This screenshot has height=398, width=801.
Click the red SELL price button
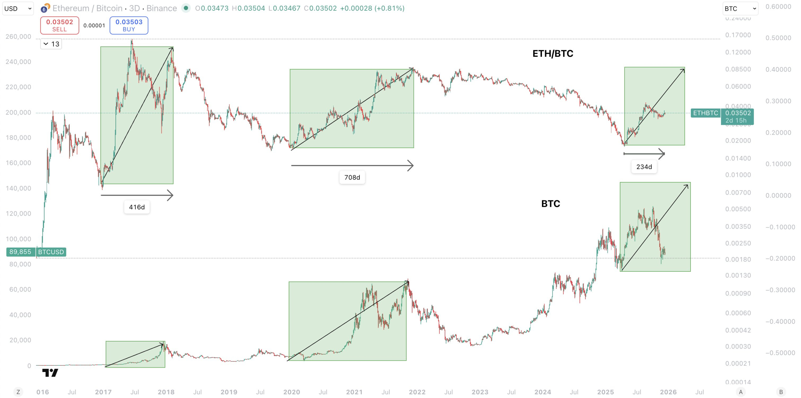click(59, 25)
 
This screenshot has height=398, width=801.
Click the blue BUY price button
click(129, 25)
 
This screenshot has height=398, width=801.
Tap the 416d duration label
click(137, 207)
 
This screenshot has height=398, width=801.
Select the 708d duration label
click(352, 177)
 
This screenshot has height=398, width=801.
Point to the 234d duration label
click(644, 167)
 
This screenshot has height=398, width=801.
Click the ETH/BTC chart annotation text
click(553, 54)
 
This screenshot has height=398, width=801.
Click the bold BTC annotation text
click(550, 204)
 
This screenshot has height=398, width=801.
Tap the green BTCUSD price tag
click(51, 252)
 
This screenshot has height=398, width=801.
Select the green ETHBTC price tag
click(705, 113)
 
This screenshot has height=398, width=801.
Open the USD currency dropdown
click(18, 8)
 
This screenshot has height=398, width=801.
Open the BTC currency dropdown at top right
click(740, 8)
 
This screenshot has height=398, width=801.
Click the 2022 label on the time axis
click(417, 392)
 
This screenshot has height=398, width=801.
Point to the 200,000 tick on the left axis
click(18, 113)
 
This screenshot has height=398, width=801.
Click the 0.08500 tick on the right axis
click(738, 69)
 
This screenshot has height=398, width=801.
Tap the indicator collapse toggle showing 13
click(51, 44)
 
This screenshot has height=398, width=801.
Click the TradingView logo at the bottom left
click(50, 373)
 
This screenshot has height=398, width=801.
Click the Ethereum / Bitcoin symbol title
click(115, 8)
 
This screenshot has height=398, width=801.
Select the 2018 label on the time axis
click(166, 392)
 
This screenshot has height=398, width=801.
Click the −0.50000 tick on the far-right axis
click(780, 353)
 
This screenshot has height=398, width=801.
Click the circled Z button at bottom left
click(18, 392)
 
